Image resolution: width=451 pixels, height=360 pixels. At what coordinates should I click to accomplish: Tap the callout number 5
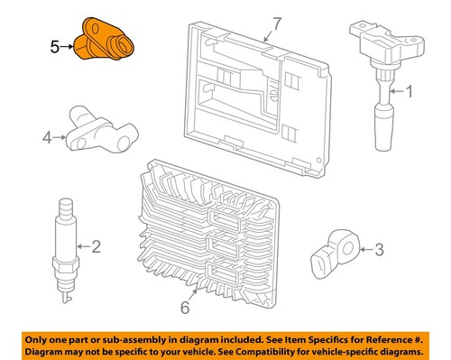54,46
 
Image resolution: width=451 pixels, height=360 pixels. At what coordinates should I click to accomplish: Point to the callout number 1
410,90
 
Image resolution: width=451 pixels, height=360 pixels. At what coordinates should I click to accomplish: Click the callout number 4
46,138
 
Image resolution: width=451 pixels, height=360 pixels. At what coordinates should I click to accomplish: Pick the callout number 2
97,245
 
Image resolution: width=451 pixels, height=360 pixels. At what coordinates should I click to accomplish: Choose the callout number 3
379,250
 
